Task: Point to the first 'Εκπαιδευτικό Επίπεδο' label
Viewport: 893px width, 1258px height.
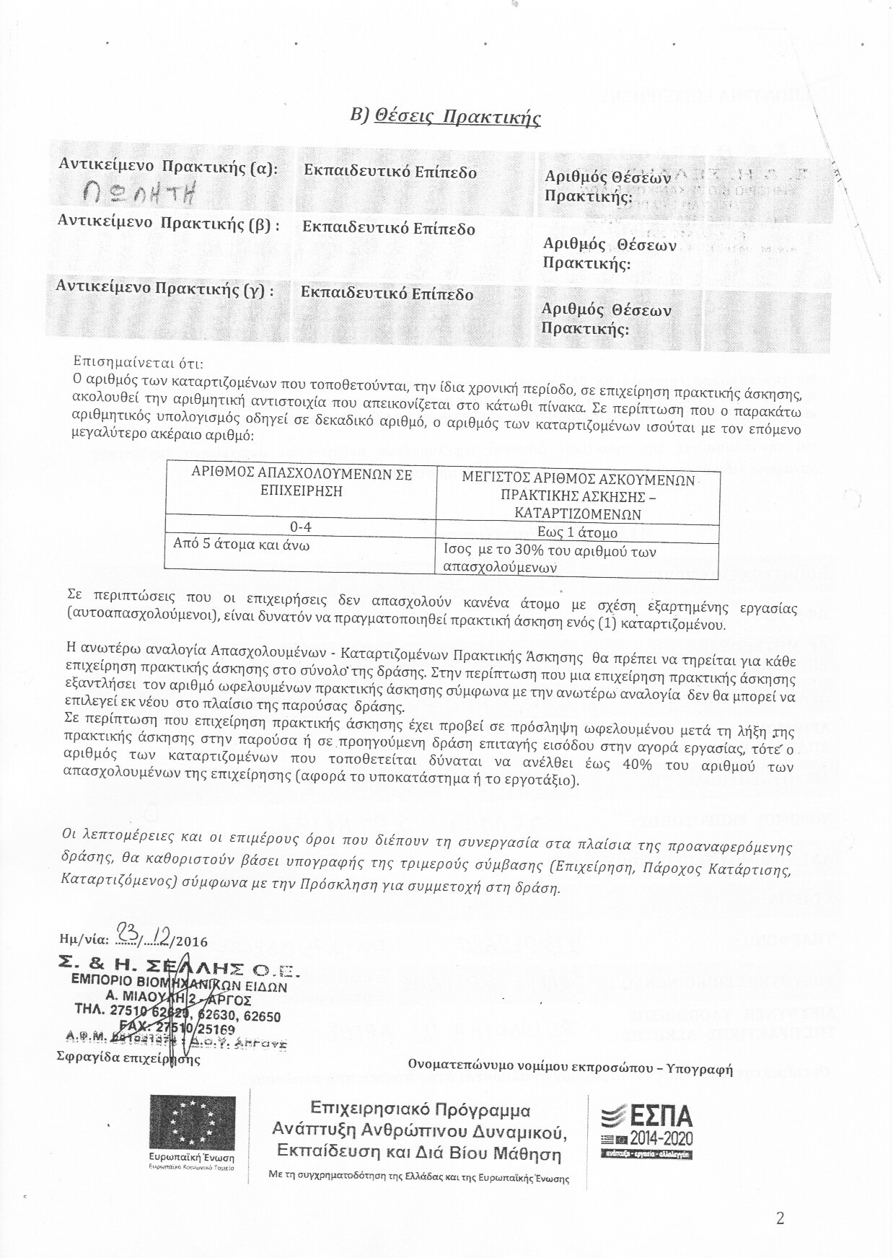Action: click(390, 172)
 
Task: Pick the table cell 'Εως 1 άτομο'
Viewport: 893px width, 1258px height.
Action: click(577, 533)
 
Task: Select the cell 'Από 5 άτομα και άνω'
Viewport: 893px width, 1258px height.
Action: click(241, 545)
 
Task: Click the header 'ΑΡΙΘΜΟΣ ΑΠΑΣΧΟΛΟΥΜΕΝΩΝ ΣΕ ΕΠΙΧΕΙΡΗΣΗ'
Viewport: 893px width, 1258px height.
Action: click(301, 483)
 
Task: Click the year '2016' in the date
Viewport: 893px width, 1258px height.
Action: click(191, 941)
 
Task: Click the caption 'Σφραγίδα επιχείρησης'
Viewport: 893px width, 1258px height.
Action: click(128, 1059)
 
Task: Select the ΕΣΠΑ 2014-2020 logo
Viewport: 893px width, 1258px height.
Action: click(646, 1127)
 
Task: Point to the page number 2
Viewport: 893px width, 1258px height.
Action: click(780, 1218)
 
